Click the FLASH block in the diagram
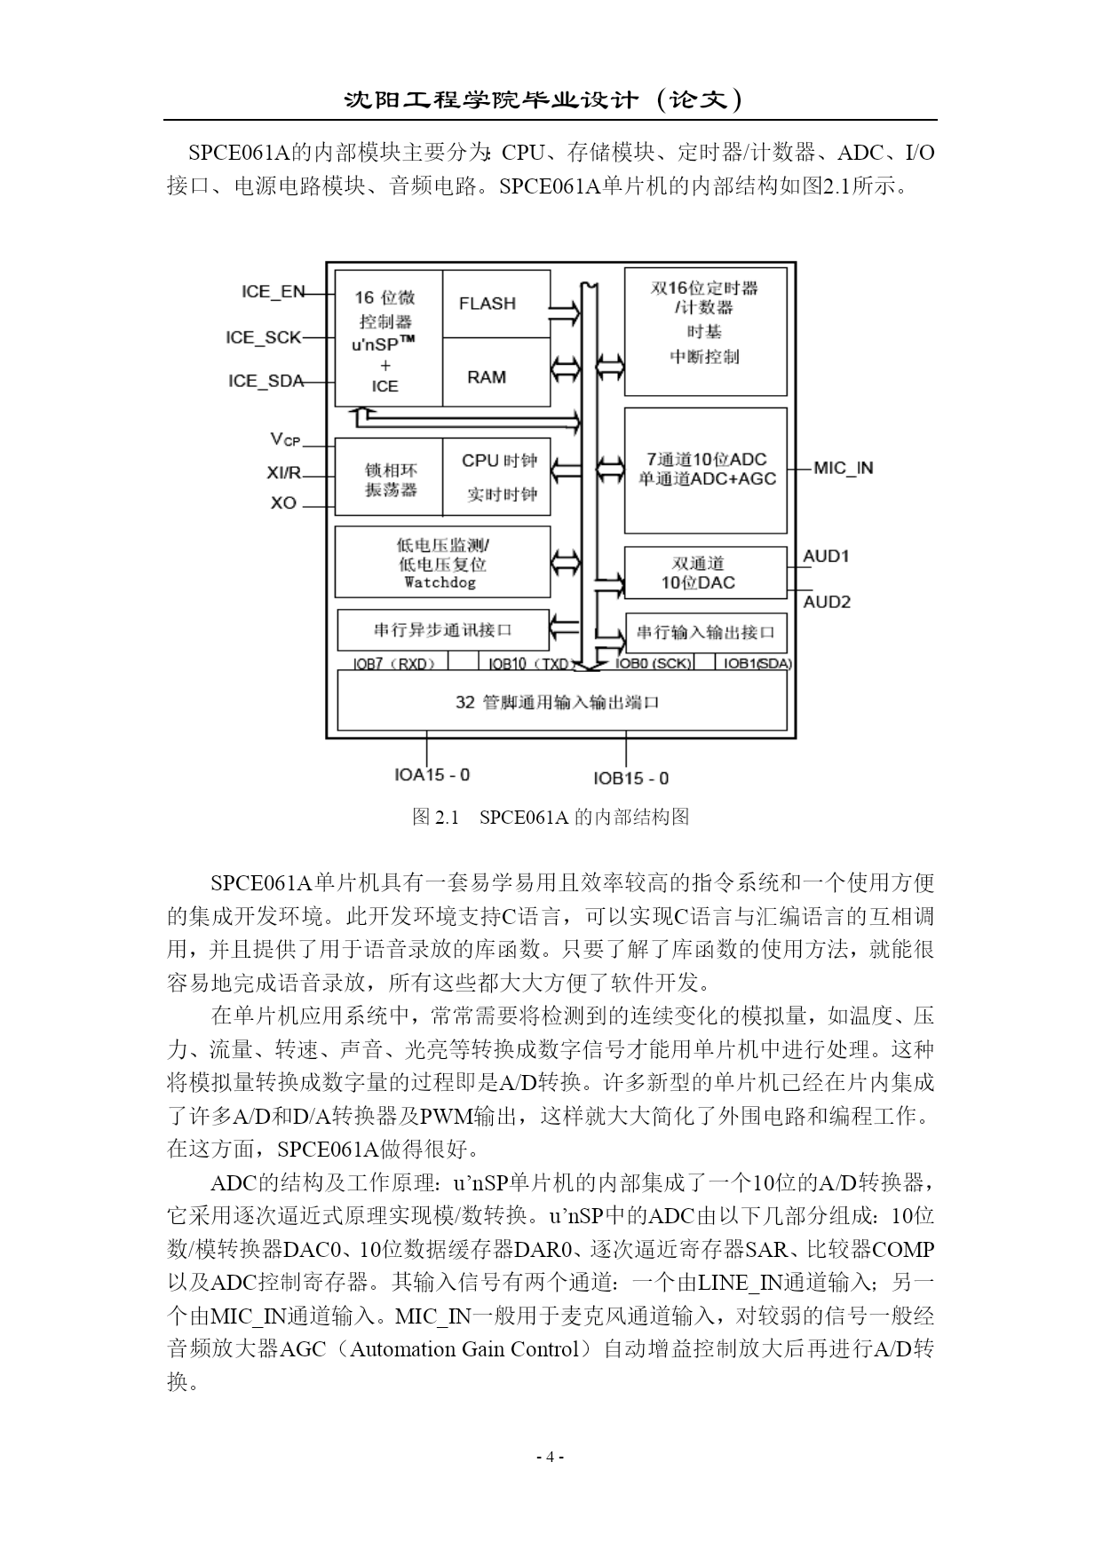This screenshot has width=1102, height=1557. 496,304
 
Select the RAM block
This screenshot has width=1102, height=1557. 496,372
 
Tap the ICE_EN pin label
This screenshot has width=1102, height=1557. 273,291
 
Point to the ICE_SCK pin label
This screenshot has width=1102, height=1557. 264,337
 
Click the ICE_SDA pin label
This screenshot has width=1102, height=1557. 266,381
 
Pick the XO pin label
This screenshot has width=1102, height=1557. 283,503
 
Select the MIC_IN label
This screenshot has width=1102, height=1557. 843,468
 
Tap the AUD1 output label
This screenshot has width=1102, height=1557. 826,557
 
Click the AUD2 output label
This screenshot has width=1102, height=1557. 827,602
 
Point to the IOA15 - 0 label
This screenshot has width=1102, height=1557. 432,775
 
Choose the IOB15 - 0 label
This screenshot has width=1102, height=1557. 631,778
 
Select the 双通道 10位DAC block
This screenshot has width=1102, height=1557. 706,573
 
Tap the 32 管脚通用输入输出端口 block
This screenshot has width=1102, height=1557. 562,701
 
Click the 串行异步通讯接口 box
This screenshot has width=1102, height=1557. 443,630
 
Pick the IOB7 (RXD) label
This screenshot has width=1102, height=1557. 392,663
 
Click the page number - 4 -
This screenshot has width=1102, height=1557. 551,1457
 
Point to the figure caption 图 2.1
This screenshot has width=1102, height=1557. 436,817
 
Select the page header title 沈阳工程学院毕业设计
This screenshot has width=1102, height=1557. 491,99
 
